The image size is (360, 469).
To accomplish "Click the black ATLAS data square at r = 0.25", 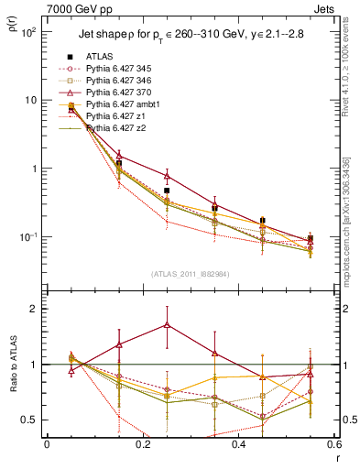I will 167,191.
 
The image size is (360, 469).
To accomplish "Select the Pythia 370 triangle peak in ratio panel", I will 167,324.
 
